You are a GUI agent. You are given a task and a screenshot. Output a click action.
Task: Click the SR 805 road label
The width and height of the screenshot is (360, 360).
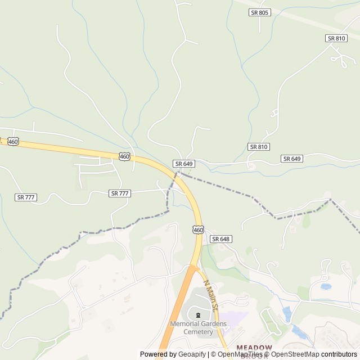(260, 12)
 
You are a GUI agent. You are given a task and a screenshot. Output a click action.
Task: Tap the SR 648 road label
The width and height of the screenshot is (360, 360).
(221, 239)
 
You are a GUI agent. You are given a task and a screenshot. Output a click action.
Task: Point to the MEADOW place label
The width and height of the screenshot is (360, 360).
(254, 348)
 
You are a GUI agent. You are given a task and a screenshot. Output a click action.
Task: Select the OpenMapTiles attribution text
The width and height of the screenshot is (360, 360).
(240, 354)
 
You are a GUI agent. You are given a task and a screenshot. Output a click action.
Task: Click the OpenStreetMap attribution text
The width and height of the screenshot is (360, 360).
(295, 354)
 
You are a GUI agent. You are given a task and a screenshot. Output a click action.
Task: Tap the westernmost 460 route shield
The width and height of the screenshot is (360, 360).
(13, 142)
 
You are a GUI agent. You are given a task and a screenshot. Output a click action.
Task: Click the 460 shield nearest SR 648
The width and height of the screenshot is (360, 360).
(197, 229)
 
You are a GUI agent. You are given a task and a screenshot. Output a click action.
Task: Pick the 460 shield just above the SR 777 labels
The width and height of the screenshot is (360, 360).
(124, 156)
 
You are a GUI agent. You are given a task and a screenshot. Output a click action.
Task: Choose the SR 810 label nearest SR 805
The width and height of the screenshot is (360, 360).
(336, 38)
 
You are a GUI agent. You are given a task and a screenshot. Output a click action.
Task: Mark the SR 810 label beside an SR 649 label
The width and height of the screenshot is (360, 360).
(259, 147)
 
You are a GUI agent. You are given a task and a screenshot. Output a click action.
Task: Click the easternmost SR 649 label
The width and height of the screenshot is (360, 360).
(292, 159)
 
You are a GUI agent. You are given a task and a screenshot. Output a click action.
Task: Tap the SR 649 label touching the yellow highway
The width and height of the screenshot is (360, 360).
(184, 164)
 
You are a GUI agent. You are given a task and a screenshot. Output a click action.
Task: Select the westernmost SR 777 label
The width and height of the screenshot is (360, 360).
(26, 197)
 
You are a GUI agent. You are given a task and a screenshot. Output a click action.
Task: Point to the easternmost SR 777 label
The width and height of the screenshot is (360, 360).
(120, 193)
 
